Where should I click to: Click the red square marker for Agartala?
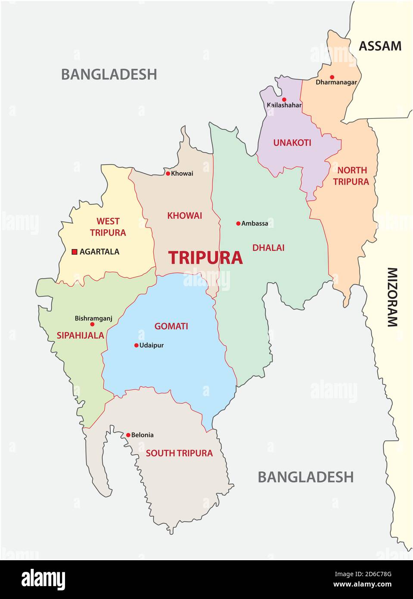[74, 252]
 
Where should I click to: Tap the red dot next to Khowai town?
[168, 174]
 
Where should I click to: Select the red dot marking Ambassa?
[238, 223]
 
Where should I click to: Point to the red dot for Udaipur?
[137, 345]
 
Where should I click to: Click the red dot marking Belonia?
[128, 435]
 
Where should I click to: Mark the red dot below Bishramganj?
[92, 324]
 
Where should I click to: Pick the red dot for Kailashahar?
[284, 100]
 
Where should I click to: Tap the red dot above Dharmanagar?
[332, 77]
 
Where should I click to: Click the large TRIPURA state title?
[205, 258]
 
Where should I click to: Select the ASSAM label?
[380, 46]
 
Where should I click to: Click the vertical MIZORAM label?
[392, 297]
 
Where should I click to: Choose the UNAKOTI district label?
[292, 143]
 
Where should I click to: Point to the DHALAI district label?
[268, 248]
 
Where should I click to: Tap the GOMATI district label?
[171, 326]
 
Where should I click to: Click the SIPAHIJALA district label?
[81, 335]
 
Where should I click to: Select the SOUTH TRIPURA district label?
[179, 453]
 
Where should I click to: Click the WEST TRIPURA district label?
[108, 227]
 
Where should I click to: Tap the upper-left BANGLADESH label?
[109, 74]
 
